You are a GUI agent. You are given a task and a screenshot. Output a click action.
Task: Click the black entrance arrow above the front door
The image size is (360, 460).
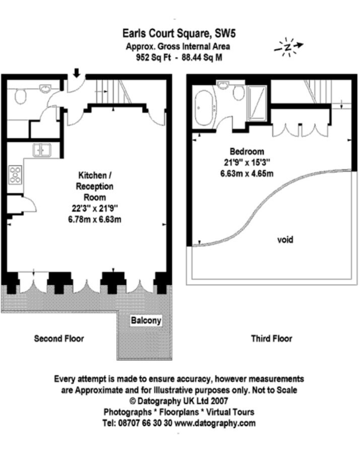click(x=77, y=73)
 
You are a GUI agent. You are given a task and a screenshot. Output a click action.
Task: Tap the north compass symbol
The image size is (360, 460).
click(x=289, y=47)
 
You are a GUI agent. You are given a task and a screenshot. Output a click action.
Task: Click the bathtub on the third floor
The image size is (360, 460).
click(x=204, y=108)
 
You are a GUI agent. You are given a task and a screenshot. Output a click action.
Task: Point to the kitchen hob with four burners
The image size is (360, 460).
click(x=15, y=174)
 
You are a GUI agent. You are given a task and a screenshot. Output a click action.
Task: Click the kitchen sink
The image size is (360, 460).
click(x=42, y=150)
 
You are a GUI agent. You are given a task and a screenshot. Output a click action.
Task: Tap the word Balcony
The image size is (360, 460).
click(x=146, y=320)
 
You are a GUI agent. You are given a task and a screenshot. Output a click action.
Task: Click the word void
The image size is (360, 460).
click(x=285, y=240)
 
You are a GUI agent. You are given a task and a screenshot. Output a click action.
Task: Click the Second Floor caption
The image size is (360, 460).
click(x=59, y=339)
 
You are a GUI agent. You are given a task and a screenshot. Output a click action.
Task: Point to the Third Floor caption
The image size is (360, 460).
click(x=271, y=339)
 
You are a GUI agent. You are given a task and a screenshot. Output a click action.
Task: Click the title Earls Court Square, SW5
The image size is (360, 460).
click(x=179, y=34)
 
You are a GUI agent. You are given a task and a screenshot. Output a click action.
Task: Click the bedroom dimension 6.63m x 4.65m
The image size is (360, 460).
click(x=247, y=174)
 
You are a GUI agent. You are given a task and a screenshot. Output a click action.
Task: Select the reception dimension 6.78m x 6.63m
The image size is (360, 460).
click(x=95, y=220)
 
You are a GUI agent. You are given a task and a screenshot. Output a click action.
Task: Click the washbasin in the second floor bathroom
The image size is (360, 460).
click(x=45, y=88)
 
